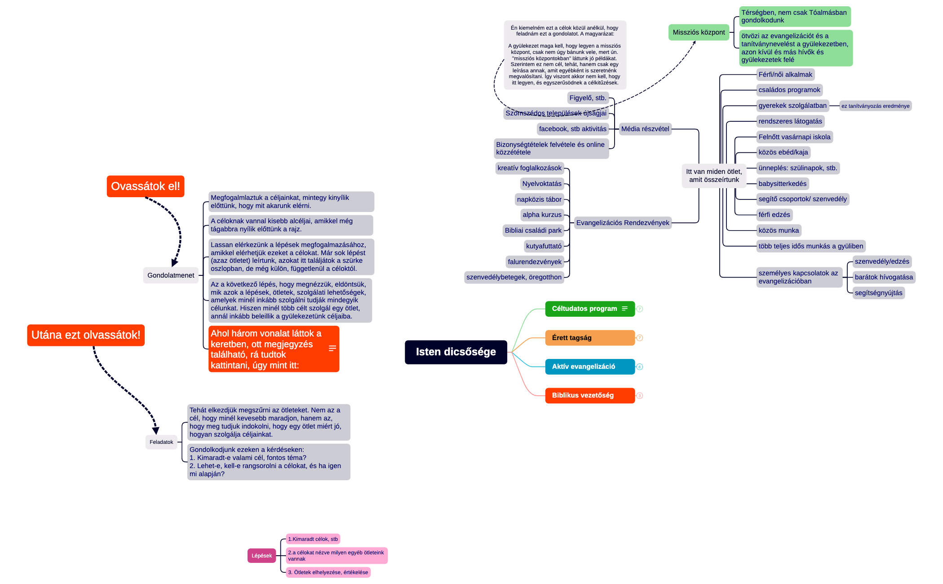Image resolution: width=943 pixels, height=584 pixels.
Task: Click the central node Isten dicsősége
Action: coord(456,352)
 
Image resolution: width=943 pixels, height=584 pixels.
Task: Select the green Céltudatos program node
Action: coord(584,309)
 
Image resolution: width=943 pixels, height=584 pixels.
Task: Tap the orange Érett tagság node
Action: coord(589,338)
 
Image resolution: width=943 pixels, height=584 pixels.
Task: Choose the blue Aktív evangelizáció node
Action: coord(589,367)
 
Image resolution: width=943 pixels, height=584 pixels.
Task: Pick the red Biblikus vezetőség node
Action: coord(589,395)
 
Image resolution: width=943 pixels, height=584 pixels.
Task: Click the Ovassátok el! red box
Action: coord(145,186)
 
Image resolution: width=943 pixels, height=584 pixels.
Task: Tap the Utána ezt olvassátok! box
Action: coord(86,335)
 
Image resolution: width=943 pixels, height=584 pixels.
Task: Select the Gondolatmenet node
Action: coord(171,275)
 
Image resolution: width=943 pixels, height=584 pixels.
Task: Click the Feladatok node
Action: coord(161,442)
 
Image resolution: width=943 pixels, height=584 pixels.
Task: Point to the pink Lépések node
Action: coord(261,556)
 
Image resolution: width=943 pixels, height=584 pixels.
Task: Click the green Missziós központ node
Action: coord(699,32)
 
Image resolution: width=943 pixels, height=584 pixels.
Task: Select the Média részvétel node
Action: coord(645,129)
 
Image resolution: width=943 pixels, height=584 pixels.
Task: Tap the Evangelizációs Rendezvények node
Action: coord(623,223)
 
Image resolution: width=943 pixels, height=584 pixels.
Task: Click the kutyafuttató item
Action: coord(544,246)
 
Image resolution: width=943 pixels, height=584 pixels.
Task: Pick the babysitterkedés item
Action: coord(782,184)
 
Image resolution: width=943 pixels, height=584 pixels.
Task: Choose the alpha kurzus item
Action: coord(542,215)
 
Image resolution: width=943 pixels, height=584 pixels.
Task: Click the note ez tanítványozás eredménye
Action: coord(875,106)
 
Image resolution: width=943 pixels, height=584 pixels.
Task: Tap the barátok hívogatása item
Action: coord(884,277)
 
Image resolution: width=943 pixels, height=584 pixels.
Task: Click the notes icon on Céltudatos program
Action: coord(624,309)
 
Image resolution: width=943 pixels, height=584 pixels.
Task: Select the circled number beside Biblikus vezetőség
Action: coord(640,396)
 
